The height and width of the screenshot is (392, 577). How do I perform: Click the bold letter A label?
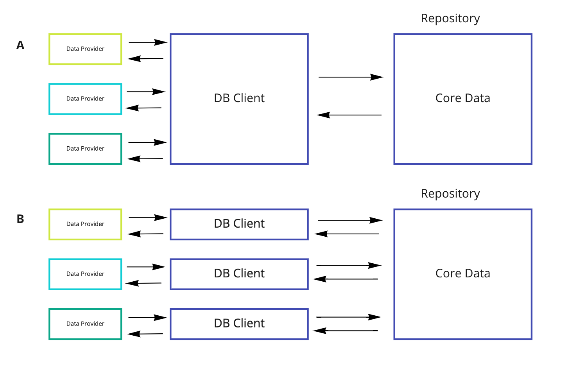click(20, 45)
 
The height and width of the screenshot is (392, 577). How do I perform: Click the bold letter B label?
click(20, 219)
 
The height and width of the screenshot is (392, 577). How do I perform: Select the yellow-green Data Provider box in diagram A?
click(85, 49)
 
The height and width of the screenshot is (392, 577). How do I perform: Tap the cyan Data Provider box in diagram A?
click(85, 99)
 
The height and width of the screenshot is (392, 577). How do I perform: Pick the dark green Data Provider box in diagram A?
click(85, 149)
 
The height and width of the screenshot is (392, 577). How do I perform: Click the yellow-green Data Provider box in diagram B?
click(85, 224)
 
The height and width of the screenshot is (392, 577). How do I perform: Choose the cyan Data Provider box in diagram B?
click(85, 274)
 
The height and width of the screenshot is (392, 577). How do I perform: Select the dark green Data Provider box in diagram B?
click(85, 324)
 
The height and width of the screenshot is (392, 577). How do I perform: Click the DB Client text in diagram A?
click(239, 98)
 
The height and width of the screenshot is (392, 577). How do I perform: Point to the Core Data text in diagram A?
click(462, 98)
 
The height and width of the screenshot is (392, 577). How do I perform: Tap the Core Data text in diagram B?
click(462, 273)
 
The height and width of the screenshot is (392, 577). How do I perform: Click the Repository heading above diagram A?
click(450, 18)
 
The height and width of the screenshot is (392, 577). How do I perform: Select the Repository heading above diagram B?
click(450, 194)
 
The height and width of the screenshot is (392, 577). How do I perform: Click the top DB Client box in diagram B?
click(239, 224)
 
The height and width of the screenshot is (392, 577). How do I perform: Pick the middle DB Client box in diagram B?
click(239, 274)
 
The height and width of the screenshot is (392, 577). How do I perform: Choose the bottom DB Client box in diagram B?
click(239, 324)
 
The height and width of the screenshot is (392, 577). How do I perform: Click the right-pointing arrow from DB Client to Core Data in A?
click(351, 77)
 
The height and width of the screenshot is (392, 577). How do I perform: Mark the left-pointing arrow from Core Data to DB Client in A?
click(349, 115)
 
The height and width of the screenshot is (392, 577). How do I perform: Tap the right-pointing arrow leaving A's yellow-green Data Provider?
click(148, 42)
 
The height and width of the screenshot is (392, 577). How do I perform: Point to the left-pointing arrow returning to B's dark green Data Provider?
click(145, 334)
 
